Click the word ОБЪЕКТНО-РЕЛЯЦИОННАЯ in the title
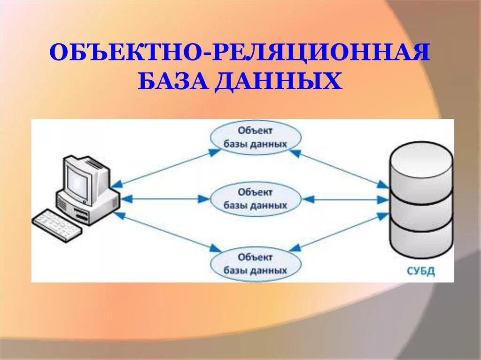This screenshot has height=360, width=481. coord(240,53)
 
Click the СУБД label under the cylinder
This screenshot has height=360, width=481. coord(421,271)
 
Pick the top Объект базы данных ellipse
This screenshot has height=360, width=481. coord(255,137)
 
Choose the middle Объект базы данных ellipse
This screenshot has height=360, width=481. coord(255,199)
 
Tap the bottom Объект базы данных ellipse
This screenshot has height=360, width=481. coord(255,264)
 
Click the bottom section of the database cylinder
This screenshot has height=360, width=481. coord(421,239)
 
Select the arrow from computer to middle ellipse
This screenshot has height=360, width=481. coord(164,199)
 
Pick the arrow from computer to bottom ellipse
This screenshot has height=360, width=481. coord(167,230)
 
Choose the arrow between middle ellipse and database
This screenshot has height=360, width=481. coord(345,199)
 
